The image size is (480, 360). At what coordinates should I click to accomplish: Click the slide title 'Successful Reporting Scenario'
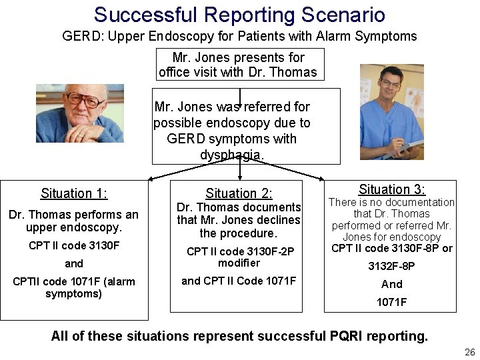click(239, 15)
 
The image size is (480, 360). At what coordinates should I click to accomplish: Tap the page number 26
click(469, 352)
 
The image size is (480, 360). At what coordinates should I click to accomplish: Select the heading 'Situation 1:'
click(74, 193)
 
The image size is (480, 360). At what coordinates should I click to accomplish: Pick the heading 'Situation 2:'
click(239, 193)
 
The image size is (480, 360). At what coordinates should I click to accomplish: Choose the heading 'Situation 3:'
click(392, 189)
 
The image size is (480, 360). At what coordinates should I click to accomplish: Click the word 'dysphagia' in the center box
click(231, 155)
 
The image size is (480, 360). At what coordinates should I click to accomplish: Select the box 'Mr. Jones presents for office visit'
click(238, 65)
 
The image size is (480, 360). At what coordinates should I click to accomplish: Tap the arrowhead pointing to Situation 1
click(150, 179)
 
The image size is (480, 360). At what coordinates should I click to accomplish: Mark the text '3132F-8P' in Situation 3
click(392, 266)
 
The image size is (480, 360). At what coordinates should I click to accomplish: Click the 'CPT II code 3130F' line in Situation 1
click(74, 245)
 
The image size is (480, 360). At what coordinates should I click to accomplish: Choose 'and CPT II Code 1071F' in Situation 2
click(239, 281)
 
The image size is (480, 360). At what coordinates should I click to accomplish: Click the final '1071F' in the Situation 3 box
click(392, 302)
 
